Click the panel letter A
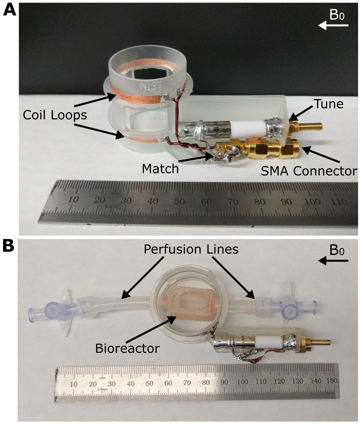pyautogui.click(x=9, y=10)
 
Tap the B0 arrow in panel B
pyautogui.click(x=333, y=261)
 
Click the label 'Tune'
pyautogui.click(x=329, y=104)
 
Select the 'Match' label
pyautogui.click(x=160, y=169)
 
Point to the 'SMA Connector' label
pyautogui.click(x=309, y=171)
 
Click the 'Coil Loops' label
pyautogui.click(x=55, y=115)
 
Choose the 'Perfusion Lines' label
pyautogui.click(x=191, y=249)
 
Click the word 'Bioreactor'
pyautogui.click(x=128, y=348)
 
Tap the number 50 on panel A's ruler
pyautogui.click(x=179, y=201)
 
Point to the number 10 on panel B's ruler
pyautogui.click(x=73, y=384)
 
